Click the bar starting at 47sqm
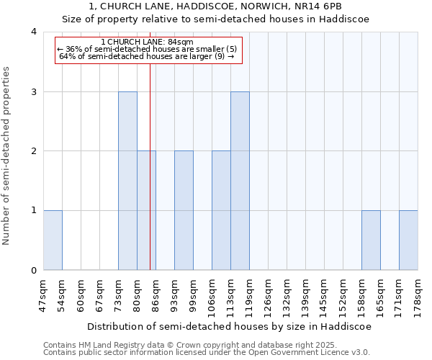point(53,240)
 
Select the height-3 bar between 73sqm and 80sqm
point(127,181)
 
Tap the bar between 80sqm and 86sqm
point(146,210)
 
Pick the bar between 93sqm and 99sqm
point(184,210)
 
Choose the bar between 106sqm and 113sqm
point(221,210)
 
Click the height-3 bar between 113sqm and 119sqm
point(240,181)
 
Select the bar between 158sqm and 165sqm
point(371,240)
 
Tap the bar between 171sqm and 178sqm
point(408,240)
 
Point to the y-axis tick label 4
point(33,32)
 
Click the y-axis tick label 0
point(33,271)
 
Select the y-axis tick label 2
point(33,151)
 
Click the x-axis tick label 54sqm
point(62,294)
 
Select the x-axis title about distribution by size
point(230,326)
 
